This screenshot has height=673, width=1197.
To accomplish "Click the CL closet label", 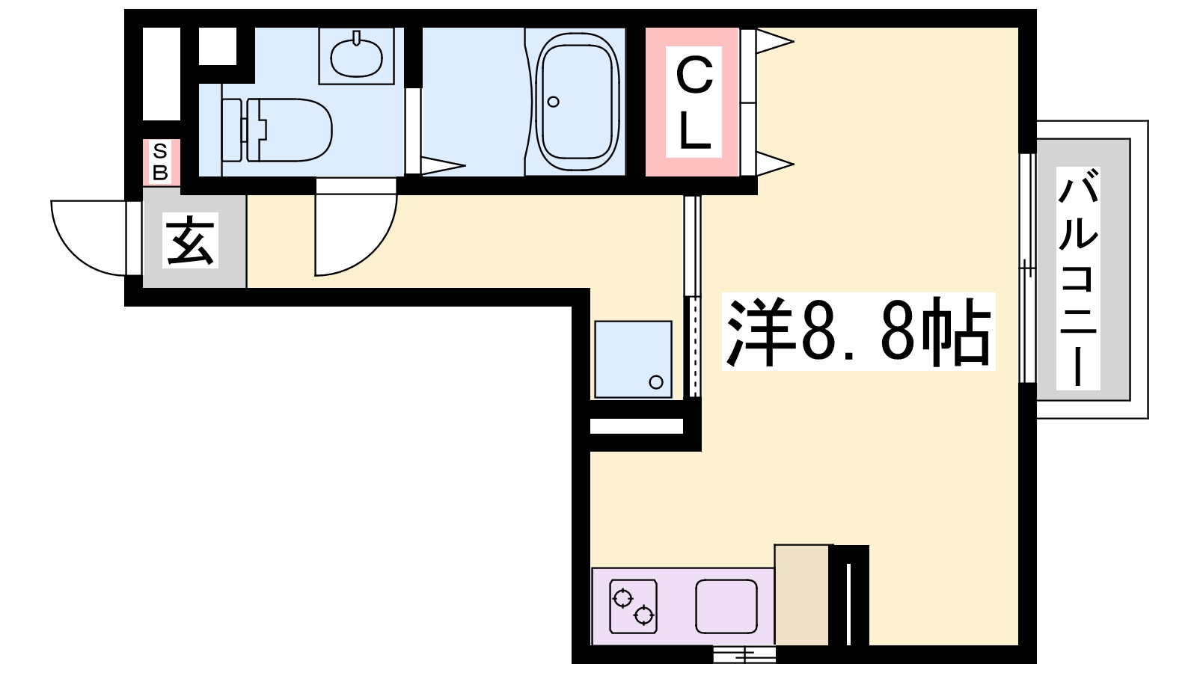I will coord(694,102).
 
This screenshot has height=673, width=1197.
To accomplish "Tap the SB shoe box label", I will coord(160,162).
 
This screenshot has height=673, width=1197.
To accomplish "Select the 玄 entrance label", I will coord(191,241).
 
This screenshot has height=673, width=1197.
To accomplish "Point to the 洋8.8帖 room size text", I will coord(858,331).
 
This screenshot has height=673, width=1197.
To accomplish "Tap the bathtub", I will coord(577,101).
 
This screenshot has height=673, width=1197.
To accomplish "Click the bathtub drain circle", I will coord(554,102).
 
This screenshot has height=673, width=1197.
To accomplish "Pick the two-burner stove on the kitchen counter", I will coord(633,606).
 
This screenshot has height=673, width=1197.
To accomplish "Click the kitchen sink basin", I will coord(726,606).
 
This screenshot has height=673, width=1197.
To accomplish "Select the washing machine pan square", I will coord(632,359).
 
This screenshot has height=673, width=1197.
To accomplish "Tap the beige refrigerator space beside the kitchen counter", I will coord(802,595).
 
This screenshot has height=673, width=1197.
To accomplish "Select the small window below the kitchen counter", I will coord(744,656).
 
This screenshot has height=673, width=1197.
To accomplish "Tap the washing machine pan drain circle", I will coord(656,382).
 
